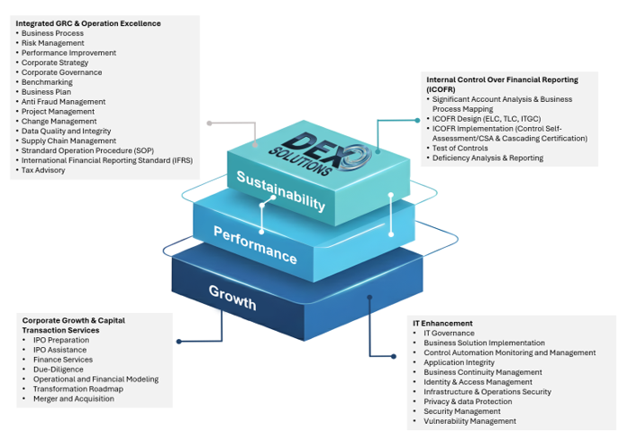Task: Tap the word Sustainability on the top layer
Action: pos(280,189)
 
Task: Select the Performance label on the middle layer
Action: pos(255,244)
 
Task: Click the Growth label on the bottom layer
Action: pos(232,297)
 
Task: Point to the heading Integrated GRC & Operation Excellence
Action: pos(88,23)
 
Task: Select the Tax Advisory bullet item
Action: pos(43,170)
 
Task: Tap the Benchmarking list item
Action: pos(47,82)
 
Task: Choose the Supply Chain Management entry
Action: pos(68,141)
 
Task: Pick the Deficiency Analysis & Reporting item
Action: pos(488,158)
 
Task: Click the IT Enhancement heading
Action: pos(442,323)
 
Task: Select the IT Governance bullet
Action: pos(449,333)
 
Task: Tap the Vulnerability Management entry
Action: pos(469,421)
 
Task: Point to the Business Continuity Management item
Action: pos(482,372)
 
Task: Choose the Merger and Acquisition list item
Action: pos(74,399)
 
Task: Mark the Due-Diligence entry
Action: pos(58,370)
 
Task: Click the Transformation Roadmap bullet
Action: pos(77,389)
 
